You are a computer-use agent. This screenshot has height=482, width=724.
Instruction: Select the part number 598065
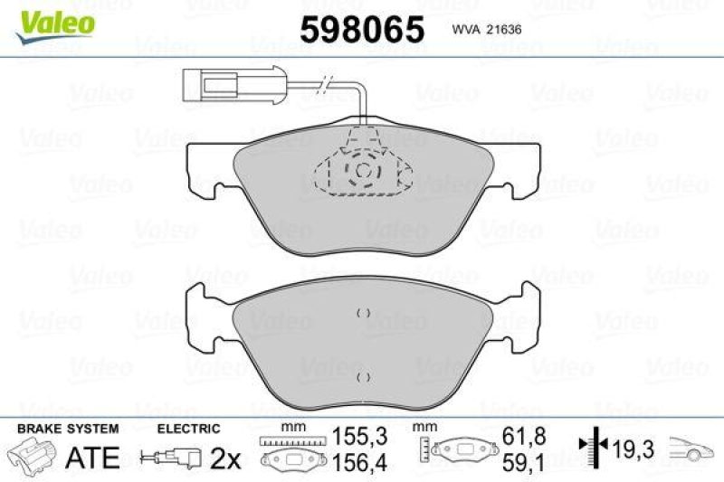[x=361, y=30]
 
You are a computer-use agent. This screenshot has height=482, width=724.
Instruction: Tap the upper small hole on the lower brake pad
[x=363, y=313]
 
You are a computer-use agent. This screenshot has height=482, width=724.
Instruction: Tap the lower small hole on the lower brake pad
[x=363, y=377]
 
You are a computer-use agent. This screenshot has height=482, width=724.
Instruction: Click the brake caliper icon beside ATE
[x=33, y=458]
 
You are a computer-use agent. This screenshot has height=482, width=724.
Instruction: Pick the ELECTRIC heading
[x=188, y=429]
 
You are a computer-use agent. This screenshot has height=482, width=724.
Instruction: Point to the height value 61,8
[x=525, y=436]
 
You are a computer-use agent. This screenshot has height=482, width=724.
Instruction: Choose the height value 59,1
[x=525, y=462]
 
